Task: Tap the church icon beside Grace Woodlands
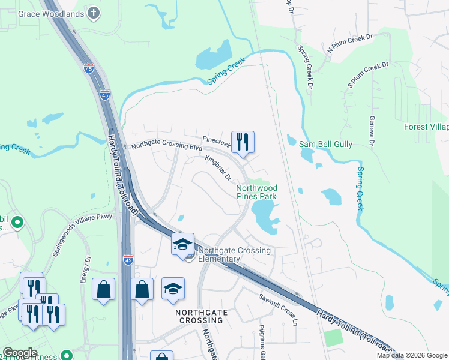pyautogui.click(x=94, y=12)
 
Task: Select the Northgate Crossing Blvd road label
pyautogui.click(x=167, y=146)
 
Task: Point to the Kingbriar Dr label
pyautogui.click(x=218, y=167)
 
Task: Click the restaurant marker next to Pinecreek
pyautogui.click(x=243, y=142)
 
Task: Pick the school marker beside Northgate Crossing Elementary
pyautogui.click(x=182, y=244)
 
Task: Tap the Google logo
pyautogui.click(x=19, y=353)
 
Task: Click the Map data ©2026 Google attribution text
pyautogui.click(x=411, y=355)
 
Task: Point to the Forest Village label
pyautogui.click(x=426, y=127)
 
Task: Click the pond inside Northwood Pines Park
pyautogui.click(x=265, y=215)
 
